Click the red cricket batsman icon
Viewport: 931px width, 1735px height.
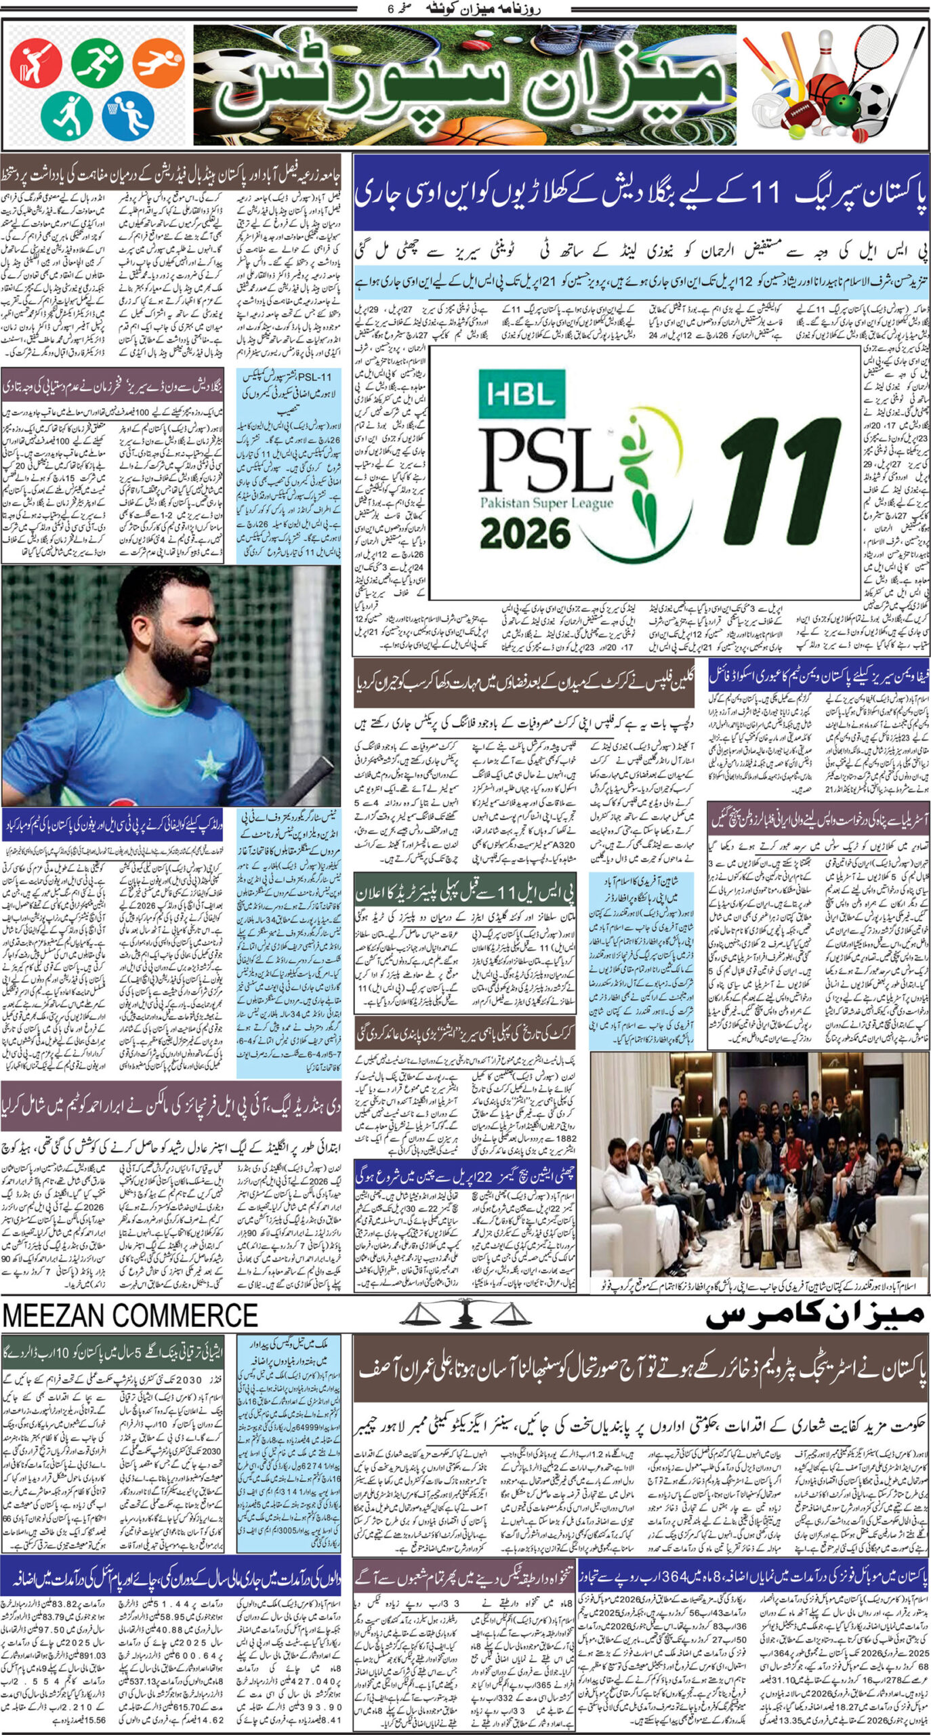click(35, 62)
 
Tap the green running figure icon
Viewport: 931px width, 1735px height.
click(97, 62)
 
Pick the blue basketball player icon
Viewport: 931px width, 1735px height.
click(128, 113)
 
